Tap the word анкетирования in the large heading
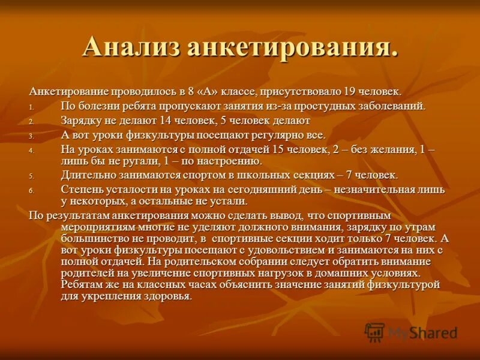coord(292,48)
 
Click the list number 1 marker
coord(32,107)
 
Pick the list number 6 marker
coord(32,190)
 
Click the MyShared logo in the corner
coord(411,332)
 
